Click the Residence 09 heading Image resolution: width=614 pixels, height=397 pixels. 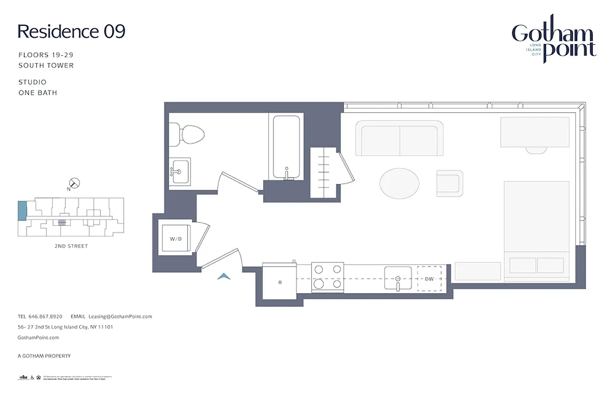tap(71, 31)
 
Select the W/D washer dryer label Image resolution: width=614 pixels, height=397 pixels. tap(175, 239)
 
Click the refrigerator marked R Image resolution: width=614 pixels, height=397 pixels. tap(280, 282)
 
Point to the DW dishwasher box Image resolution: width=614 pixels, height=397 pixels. tap(429, 279)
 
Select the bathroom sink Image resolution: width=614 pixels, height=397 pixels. tap(179, 172)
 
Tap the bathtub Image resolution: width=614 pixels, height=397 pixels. tap(286, 147)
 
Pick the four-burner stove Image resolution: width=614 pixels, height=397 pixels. tap(327, 277)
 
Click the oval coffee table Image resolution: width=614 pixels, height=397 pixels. tap(399, 184)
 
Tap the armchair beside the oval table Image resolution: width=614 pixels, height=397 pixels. tap(450, 183)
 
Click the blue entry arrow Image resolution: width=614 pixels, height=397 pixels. tap(224, 276)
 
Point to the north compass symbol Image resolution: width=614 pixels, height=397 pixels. tap(74, 183)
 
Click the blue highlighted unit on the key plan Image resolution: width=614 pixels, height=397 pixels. tap(22, 211)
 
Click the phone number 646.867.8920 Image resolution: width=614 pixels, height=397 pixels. tap(45, 316)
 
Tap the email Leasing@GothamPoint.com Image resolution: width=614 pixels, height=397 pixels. tap(120, 316)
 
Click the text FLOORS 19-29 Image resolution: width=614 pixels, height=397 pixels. tap(46, 55)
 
